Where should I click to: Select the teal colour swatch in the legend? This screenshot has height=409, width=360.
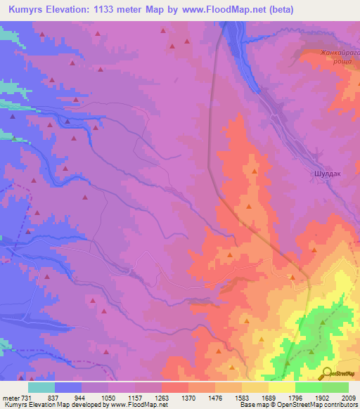coord(41,387)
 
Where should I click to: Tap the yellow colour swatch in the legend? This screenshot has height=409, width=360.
coord(281,387)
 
